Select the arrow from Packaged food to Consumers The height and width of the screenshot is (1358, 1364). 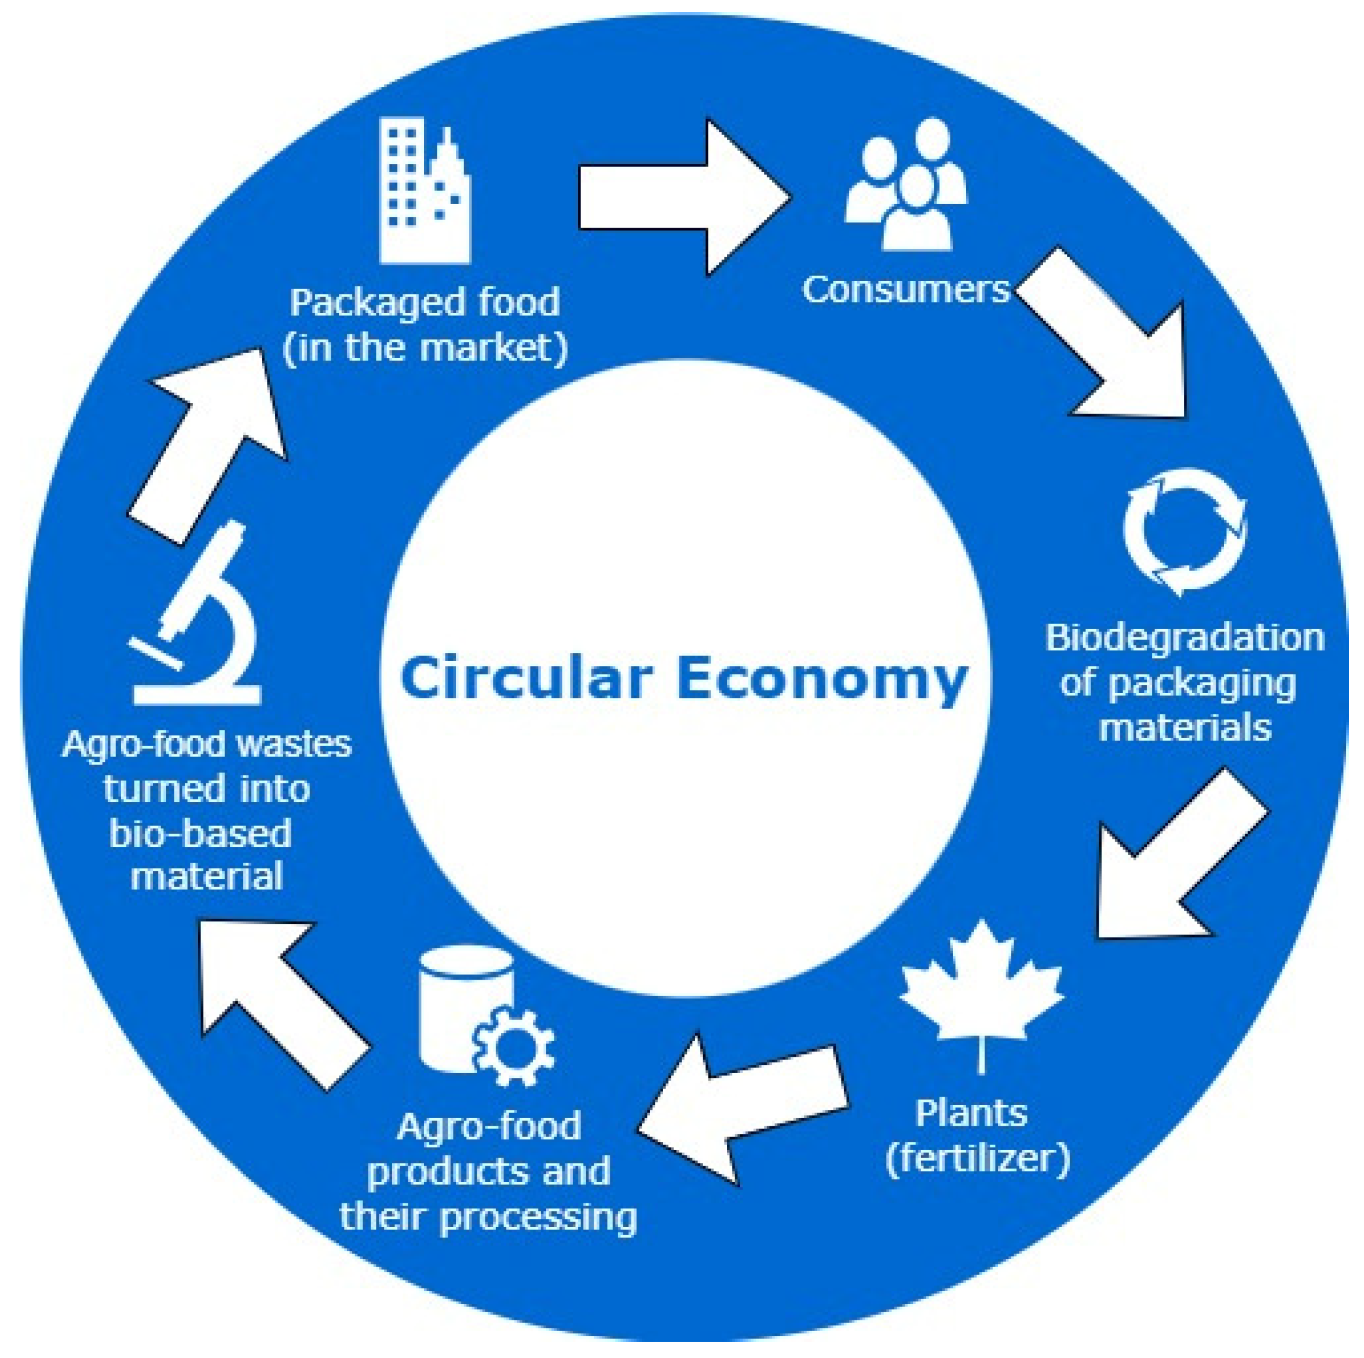tap(678, 197)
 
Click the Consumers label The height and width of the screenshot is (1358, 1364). tap(906, 290)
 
